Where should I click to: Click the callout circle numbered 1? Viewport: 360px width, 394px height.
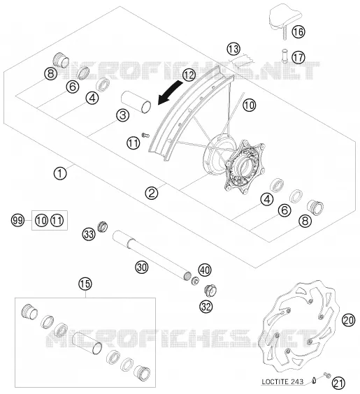60,173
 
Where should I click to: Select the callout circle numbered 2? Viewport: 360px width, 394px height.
152,194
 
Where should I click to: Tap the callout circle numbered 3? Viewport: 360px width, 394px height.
123,115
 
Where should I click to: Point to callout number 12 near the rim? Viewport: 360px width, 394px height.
189,75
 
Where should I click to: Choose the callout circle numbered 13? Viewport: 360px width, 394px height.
233,49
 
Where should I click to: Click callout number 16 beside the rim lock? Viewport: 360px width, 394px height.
298,32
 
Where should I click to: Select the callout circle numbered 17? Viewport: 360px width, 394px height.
298,57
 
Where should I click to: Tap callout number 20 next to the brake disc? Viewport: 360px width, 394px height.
348,321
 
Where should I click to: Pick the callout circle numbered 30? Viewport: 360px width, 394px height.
141,267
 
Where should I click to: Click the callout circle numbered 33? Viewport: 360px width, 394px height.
89,234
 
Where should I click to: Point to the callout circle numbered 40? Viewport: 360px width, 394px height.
205,270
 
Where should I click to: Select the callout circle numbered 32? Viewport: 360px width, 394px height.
206,307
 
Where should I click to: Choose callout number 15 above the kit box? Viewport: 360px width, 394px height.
85,284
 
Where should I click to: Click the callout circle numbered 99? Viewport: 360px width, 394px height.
17,221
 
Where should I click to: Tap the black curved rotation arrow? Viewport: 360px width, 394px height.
169,92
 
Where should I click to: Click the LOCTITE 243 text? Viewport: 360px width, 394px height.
282,382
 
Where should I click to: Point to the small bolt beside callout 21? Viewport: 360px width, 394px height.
327,375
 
